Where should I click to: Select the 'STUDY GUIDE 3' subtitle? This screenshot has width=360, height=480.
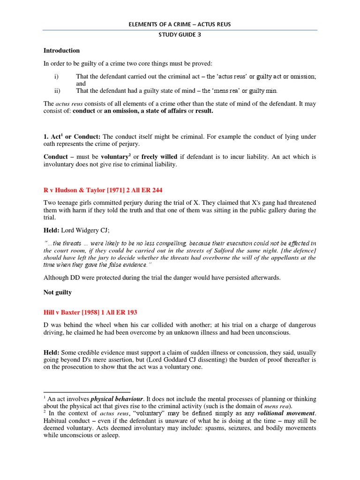[180, 40]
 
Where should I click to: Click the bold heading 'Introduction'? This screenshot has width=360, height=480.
[61, 51]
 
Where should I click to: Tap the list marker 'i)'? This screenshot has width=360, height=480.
[57, 76]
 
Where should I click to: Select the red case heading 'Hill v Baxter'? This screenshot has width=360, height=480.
[90, 312]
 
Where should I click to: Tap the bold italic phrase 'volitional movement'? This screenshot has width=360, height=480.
[287, 413]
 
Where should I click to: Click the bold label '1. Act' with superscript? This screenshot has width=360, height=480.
[53, 136]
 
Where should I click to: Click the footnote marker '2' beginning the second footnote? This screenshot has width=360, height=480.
[45, 412]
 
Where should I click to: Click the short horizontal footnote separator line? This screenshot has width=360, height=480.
[87, 392]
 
